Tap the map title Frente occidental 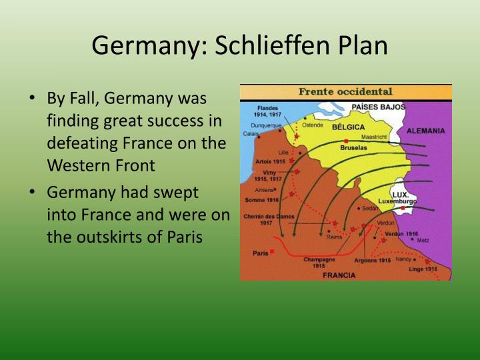345,91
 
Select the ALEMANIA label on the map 425,131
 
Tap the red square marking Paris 272,251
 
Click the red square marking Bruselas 345,141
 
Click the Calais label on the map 251,133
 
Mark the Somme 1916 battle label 262,199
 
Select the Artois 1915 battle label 270,161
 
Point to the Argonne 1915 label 373,260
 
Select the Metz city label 423,240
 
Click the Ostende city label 313,125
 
